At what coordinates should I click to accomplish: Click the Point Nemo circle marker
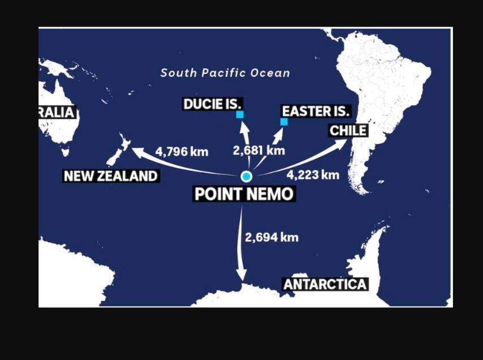tap(246, 176)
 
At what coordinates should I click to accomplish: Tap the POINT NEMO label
tap(244, 194)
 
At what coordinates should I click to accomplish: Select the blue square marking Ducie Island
tap(240, 114)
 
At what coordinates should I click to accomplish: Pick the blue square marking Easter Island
tap(284, 122)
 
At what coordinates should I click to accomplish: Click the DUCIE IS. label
tap(212, 104)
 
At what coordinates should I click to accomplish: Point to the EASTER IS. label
tap(316, 111)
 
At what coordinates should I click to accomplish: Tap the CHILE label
tap(348, 131)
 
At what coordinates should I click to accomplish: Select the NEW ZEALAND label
tap(110, 176)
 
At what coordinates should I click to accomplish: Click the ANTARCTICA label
tap(325, 284)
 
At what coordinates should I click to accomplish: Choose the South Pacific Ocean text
tap(225, 73)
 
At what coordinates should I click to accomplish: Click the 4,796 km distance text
tap(182, 152)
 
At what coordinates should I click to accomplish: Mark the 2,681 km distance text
tap(259, 151)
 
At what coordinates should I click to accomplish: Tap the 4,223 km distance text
tap(313, 174)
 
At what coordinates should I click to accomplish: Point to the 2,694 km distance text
tap(271, 237)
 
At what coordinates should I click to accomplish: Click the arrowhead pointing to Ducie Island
tap(244, 126)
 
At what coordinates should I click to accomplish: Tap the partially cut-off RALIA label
tap(57, 112)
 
